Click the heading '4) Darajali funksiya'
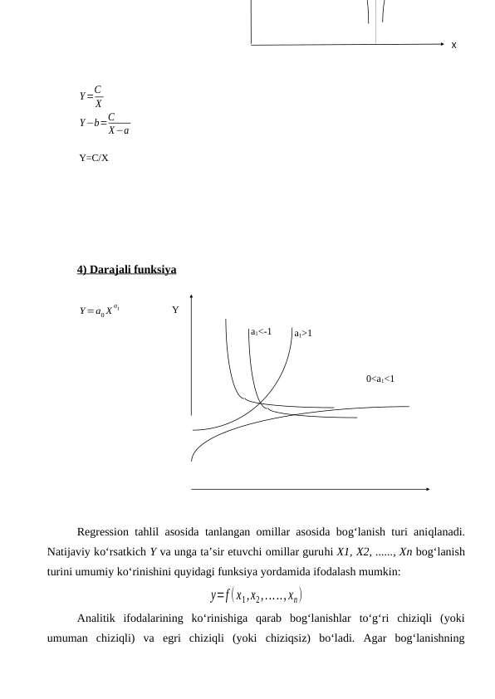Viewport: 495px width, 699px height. pyautogui.click(x=126, y=270)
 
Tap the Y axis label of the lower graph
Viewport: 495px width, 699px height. pyautogui.click(x=175, y=310)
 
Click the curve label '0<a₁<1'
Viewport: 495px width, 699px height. pyautogui.click(x=380, y=379)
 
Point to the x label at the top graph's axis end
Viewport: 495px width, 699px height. pyautogui.click(x=453, y=45)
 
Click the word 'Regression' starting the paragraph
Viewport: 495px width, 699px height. pyautogui.click(x=103, y=531)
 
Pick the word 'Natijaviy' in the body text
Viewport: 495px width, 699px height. pyautogui.click(x=68, y=552)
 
